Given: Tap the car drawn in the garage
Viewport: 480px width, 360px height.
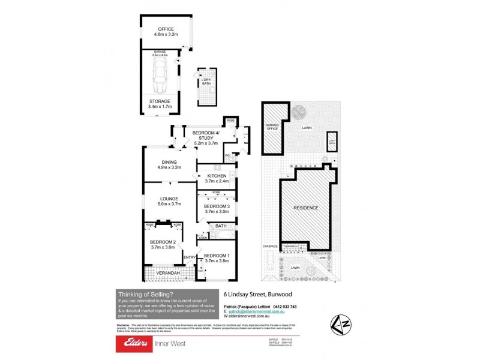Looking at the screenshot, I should (x=160, y=74).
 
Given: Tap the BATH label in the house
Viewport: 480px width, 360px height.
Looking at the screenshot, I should (x=221, y=226).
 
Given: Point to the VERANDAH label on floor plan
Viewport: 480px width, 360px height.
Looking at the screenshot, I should (x=168, y=274).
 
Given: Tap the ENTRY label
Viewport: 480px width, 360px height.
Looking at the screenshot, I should (x=190, y=258).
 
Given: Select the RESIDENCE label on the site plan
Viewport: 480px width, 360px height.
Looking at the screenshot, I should (x=305, y=208).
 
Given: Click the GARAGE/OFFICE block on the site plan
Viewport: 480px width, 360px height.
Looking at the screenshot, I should (x=274, y=128).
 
